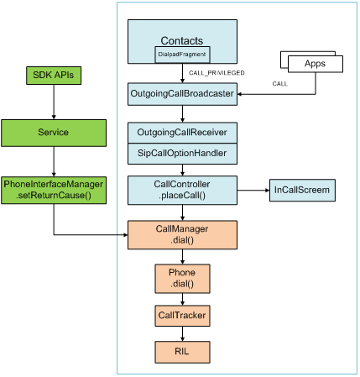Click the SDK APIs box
[54, 76]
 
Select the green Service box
[54, 133]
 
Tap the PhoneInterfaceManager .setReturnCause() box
[54, 190]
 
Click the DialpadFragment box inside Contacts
[182, 55]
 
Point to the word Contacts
[182, 41]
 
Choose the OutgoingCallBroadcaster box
[182, 94]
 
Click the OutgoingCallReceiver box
[182, 133]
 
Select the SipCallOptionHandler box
[182, 154]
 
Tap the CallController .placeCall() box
[182, 191]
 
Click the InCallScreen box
[302, 191]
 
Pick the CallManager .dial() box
[182, 235]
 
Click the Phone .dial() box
[182, 279]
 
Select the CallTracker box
[182, 316]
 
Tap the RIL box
[182, 352]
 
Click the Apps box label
[315, 64]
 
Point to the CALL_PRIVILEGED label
[217, 73]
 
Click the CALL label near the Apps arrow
[279, 84]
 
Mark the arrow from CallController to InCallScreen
[253, 191]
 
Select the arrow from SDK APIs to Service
[54, 102]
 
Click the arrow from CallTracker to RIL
[182, 333]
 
